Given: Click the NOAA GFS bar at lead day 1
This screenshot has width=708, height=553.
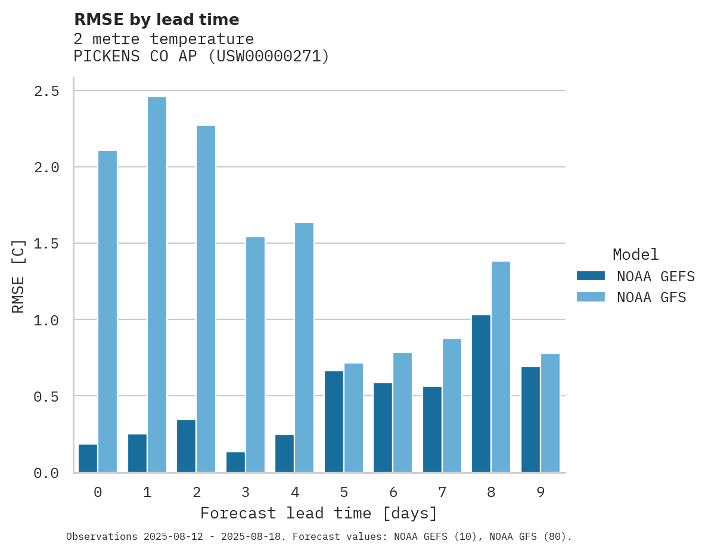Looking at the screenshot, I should click(x=157, y=284).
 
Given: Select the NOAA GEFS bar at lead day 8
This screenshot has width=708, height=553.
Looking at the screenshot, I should click(x=481, y=393).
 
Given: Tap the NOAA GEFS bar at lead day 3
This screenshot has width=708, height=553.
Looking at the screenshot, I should click(x=235, y=462).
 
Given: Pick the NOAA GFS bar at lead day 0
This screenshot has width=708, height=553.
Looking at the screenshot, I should click(x=107, y=311).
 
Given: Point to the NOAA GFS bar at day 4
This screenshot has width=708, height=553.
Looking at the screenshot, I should click(x=304, y=347).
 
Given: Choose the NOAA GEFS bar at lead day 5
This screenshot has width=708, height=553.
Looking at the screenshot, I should click(x=334, y=421).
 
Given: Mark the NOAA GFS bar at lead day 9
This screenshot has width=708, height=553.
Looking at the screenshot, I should click(x=550, y=413).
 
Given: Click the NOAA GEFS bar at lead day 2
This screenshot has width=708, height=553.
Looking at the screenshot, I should click(x=186, y=446).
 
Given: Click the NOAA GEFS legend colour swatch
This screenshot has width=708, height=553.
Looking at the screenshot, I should click(x=591, y=276).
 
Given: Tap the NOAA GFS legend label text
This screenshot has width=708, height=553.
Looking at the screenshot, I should click(x=651, y=297).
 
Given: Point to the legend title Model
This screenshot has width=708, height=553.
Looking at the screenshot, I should click(x=635, y=254).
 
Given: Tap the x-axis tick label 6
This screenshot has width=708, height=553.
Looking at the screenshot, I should click(x=393, y=492).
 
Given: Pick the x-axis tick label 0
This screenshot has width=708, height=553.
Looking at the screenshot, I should click(x=98, y=492).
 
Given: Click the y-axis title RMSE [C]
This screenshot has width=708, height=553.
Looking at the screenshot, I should click(x=18, y=275).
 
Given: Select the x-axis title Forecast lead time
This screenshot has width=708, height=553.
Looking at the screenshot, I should click(x=319, y=513).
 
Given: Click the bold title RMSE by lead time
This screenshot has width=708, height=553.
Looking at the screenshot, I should click(x=156, y=20).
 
